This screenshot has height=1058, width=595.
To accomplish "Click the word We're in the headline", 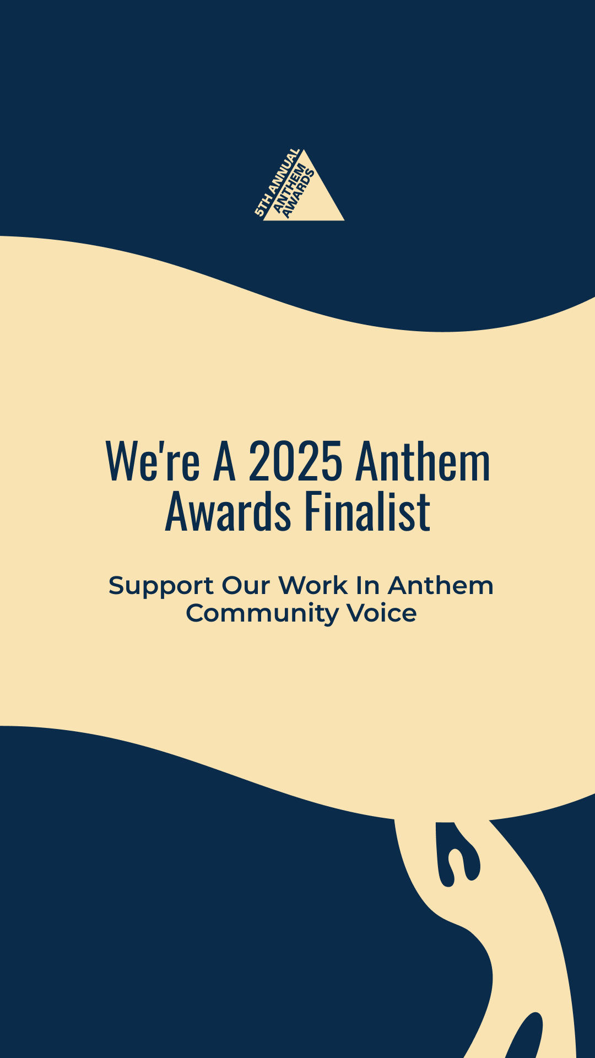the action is pyautogui.click(x=153, y=461).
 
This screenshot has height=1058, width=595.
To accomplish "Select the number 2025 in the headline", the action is pyautogui.click(x=295, y=461).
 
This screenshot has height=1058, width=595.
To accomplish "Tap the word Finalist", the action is pyautogui.click(x=367, y=511).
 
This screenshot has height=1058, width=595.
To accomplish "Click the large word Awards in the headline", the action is pyautogui.click(x=228, y=511).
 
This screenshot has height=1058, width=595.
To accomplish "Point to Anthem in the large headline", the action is pyautogui.click(x=423, y=461).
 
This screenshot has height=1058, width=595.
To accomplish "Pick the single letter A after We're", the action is pyautogui.click(x=225, y=461).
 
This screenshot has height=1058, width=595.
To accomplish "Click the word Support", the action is pyautogui.click(x=161, y=586).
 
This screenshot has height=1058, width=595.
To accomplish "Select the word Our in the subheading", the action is pyautogui.click(x=246, y=585).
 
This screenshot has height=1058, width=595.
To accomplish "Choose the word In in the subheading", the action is pyautogui.click(x=368, y=585).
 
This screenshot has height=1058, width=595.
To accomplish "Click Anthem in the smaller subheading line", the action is pyautogui.click(x=441, y=585).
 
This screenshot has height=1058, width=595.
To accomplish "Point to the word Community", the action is pyautogui.click(x=262, y=614).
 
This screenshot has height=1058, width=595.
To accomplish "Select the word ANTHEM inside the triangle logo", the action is pyautogui.click(x=290, y=189).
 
